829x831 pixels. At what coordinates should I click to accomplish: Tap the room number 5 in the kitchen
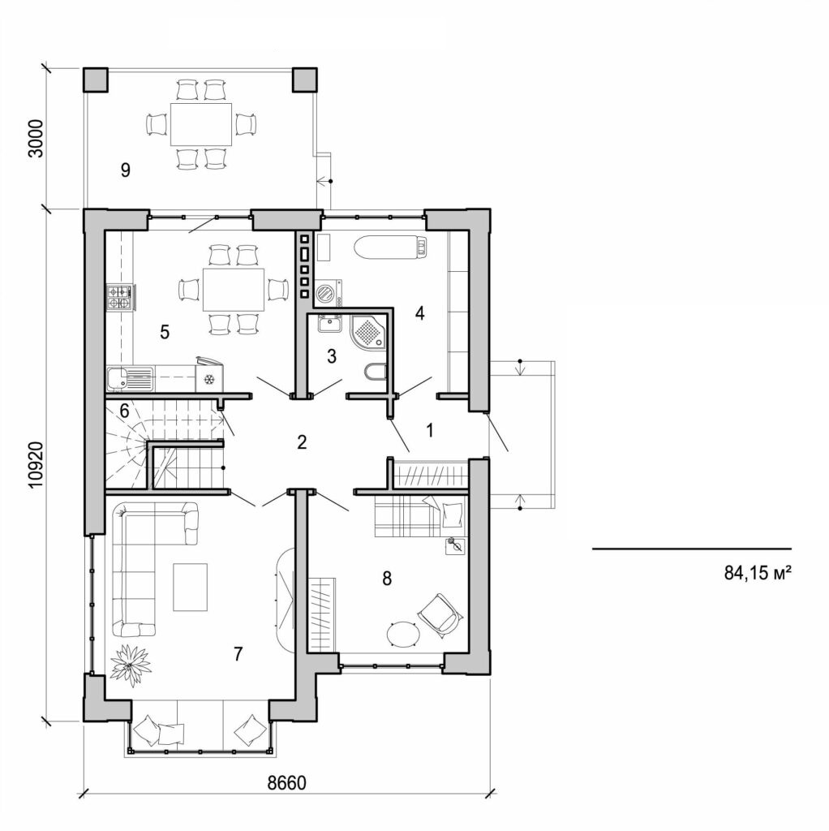point(164,331)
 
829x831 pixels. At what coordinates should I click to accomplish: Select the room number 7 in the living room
point(238,654)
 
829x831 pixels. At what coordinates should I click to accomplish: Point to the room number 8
point(387,578)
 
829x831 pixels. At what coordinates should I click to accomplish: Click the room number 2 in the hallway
point(302,442)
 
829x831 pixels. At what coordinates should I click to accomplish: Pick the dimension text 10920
point(35,464)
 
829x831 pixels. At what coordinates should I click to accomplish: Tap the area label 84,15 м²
point(757,573)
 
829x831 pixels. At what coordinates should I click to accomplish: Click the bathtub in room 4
point(389,246)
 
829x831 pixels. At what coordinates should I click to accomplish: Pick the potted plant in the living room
point(131,664)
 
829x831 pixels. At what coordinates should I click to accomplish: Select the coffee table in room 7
point(190,587)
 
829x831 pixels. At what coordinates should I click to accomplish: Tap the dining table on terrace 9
point(200,123)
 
